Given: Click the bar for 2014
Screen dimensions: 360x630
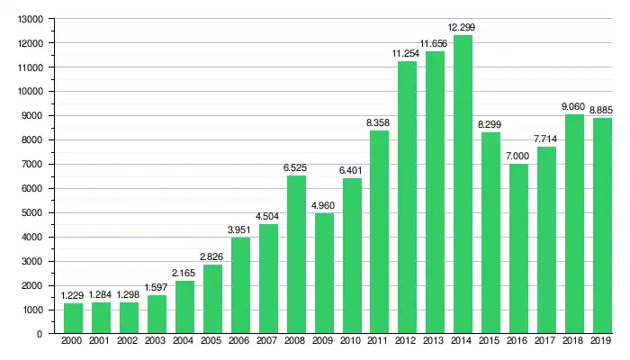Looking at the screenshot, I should click(463, 184).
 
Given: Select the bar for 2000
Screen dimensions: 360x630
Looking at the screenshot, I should click(73, 319).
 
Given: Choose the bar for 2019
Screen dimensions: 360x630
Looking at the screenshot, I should click(602, 226).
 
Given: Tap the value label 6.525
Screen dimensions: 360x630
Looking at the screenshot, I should click(296, 168).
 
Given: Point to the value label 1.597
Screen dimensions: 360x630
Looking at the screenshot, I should click(157, 288).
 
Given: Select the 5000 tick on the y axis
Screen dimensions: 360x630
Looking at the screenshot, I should click(33, 213).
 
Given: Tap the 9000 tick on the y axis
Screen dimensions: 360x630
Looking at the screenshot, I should click(33, 116).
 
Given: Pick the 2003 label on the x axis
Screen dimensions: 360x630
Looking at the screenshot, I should click(157, 342).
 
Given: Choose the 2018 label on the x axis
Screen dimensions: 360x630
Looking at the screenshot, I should click(574, 342).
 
